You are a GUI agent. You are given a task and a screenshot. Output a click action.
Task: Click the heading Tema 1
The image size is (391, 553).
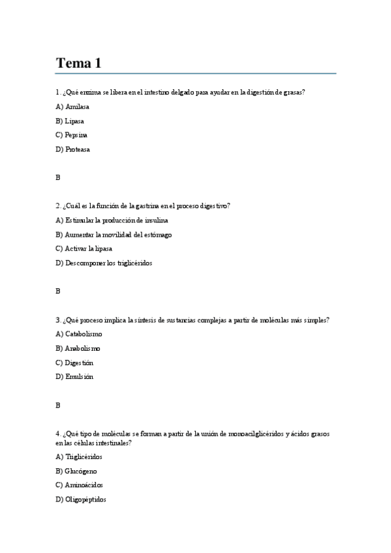[x=78, y=63]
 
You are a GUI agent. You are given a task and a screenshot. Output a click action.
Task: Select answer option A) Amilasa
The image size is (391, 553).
[x=72, y=106]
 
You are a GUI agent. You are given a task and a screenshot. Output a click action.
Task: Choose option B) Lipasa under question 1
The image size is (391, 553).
[x=70, y=121]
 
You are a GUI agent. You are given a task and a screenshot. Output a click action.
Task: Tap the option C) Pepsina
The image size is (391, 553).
[x=71, y=135]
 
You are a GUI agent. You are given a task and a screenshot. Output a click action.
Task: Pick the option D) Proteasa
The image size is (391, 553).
[x=73, y=149]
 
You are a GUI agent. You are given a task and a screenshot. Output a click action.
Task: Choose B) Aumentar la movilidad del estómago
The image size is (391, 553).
[x=114, y=235]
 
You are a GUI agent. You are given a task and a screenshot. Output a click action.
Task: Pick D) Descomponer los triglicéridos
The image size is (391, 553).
[x=104, y=263]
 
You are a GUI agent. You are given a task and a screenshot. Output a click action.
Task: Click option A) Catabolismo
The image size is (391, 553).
[x=79, y=334]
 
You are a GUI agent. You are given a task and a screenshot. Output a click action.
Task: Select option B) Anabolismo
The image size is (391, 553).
[x=78, y=348]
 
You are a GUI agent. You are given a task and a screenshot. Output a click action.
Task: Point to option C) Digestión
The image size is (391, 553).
[x=74, y=363]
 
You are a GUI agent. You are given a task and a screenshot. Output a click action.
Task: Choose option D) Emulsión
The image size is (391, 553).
[x=74, y=376]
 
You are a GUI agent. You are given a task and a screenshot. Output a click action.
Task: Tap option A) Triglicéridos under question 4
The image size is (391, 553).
[x=79, y=456]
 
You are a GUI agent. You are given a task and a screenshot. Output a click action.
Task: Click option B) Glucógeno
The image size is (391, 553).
[x=76, y=471]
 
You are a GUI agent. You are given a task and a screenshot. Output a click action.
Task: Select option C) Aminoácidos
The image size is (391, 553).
[x=79, y=485]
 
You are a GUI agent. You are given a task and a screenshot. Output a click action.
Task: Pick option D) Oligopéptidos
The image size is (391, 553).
[x=81, y=500]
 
